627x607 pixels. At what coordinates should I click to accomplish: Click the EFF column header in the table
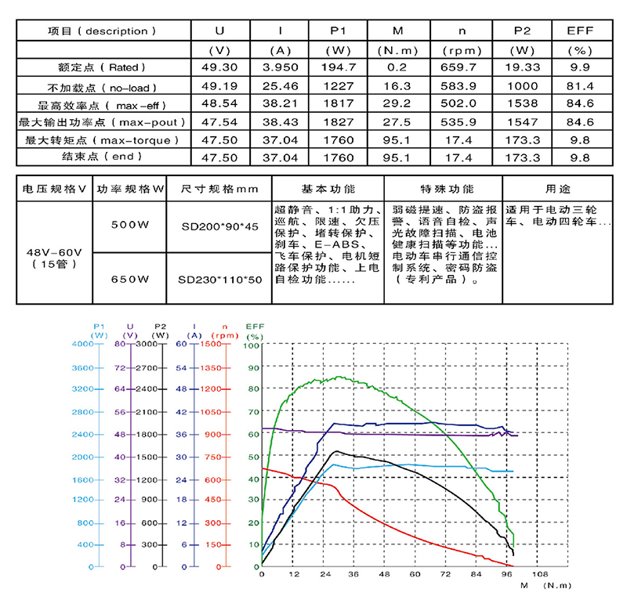(581, 31)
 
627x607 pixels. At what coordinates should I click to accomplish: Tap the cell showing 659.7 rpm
(462, 68)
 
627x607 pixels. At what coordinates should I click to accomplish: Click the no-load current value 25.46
(281, 86)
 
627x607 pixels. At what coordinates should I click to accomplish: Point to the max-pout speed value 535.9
(462, 122)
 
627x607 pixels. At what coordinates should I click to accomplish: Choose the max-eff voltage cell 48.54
(219, 104)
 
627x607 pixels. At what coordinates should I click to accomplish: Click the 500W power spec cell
(130, 225)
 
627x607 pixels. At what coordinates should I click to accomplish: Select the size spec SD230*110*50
(219, 279)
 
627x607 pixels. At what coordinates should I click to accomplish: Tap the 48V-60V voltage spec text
(53, 252)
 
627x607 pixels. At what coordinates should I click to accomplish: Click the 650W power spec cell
(130, 279)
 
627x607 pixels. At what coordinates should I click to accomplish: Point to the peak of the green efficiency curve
(339, 377)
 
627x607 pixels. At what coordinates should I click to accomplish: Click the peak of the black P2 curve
(337, 451)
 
